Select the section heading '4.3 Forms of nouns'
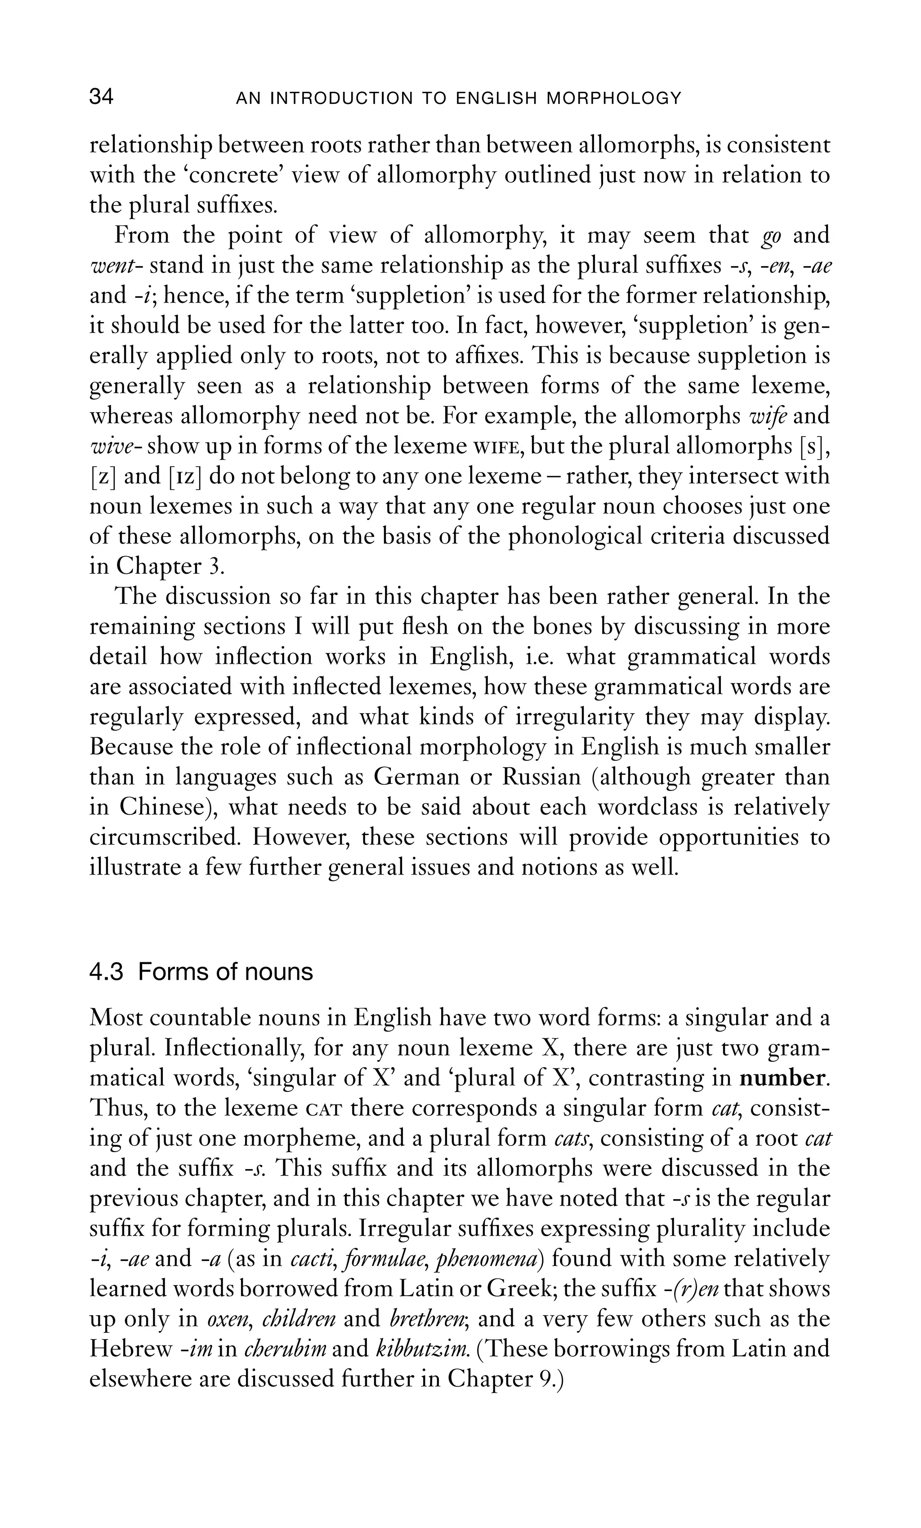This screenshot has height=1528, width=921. [x=201, y=972]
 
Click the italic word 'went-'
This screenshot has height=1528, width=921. [x=117, y=265]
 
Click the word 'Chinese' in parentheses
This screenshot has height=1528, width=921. [x=162, y=807]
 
